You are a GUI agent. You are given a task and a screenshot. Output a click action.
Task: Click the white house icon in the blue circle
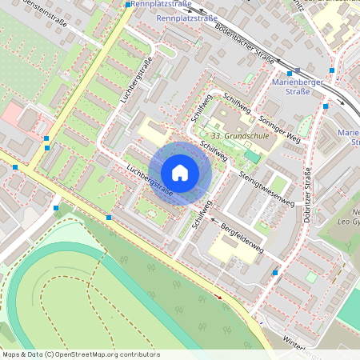pyautogui.click(x=180, y=172)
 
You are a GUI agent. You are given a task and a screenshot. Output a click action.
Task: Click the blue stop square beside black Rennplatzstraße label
pyautogui.click(x=128, y=5)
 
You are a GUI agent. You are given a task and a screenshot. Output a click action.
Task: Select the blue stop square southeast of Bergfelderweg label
pyautogui.click(x=274, y=273)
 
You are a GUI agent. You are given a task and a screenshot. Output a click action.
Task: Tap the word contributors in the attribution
pyautogui.click(x=138, y=354)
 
